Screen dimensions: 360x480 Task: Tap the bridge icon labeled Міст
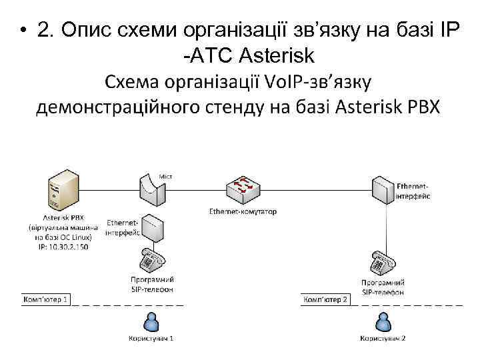click(x=154, y=189)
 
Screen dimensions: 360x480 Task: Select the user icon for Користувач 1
click(x=152, y=323)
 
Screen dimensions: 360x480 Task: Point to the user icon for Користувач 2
click(x=383, y=323)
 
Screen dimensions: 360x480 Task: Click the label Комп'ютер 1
click(x=46, y=300)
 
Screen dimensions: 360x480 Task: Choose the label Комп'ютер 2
click(x=326, y=300)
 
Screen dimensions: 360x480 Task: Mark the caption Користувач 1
click(x=152, y=338)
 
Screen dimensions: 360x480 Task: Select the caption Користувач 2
click(x=383, y=338)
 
